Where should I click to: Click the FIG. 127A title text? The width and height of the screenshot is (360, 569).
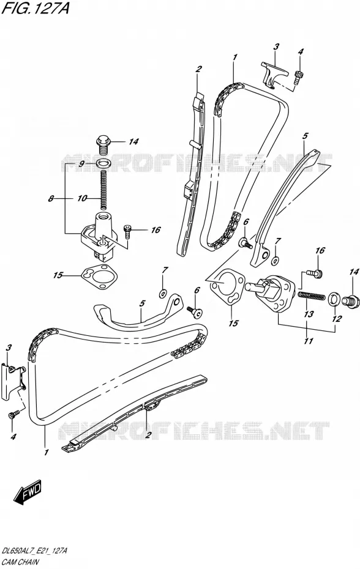[x=36, y=8]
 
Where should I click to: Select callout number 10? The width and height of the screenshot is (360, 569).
[x=82, y=198]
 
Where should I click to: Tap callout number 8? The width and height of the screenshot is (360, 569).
[x=51, y=198]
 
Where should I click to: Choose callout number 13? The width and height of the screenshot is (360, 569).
[x=309, y=314]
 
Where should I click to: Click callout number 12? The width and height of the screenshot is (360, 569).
[x=337, y=319]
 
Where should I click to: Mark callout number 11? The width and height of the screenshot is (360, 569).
[x=309, y=341]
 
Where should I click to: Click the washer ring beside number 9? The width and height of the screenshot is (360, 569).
[x=103, y=163]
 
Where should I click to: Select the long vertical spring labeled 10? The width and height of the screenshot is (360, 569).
[x=103, y=190]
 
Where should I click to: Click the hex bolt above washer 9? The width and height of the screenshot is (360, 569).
[x=104, y=145]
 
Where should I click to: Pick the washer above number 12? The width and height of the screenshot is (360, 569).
[x=334, y=299]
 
